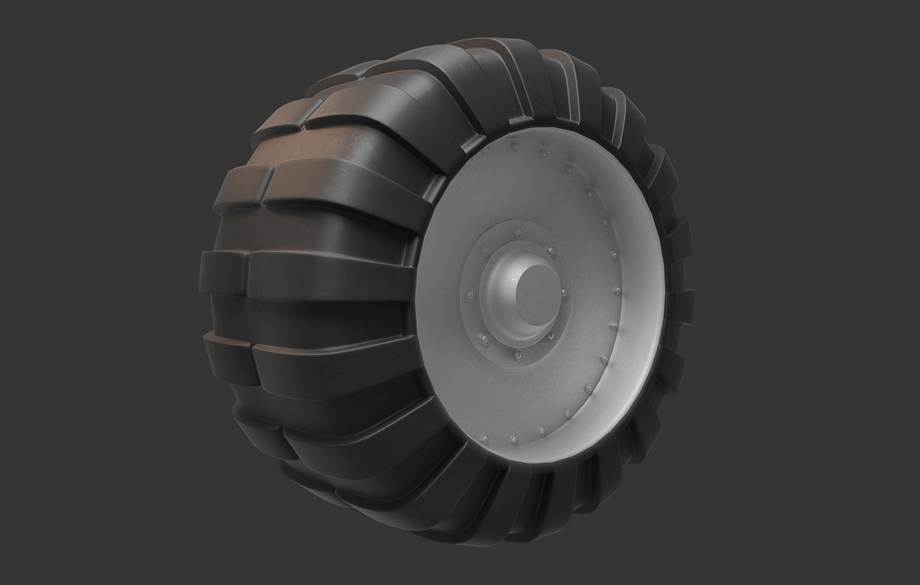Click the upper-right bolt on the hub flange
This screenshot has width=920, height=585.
pyautogui.click(x=551, y=251)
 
